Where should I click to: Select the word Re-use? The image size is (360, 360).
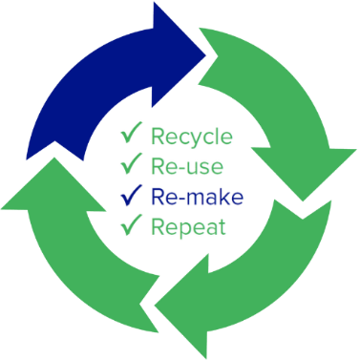pyautogui.click(x=187, y=168)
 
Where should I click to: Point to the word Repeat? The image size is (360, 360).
pyautogui.click(x=187, y=228)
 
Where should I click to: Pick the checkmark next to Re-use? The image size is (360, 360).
pyautogui.click(x=130, y=167)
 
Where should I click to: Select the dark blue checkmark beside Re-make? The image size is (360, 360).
pyautogui.click(x=130, y=197)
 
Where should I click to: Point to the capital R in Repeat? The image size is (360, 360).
pyautogui.click(x=158, y=227)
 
